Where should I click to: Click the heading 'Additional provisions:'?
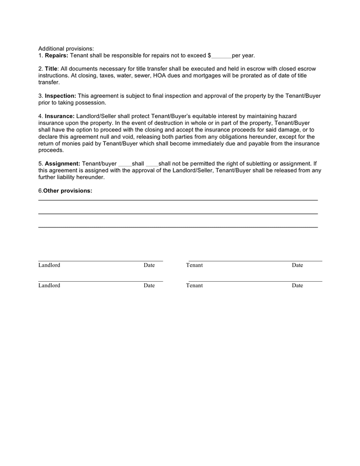click(x=66, y=49)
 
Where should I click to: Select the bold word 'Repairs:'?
click(x=56, y=55)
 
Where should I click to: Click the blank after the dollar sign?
click(x=221, y=56)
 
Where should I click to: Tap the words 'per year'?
click(x=243, y=55)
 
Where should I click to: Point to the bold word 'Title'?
click(x=51, y=69)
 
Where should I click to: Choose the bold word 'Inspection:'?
click(x=60, y=96)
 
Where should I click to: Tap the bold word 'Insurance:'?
click(x=59, y=116)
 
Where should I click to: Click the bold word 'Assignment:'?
click(x=62, y=164)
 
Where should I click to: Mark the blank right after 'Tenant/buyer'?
click(x=125, y=164)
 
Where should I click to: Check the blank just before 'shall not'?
click(x=152, y=164)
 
